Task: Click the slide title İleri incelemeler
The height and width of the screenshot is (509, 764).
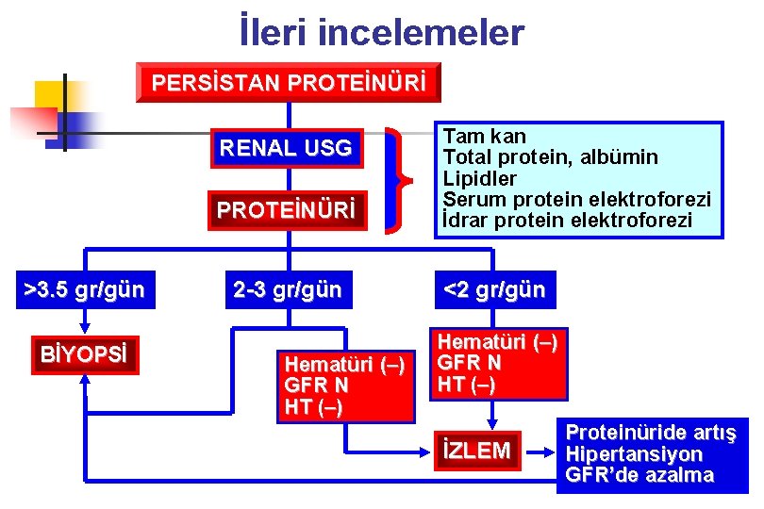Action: click(381, 33)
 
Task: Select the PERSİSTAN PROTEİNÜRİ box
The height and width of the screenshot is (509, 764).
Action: click(289, 83)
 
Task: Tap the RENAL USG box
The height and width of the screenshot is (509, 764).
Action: click(286, 148)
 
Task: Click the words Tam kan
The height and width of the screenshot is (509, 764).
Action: click(485, 137)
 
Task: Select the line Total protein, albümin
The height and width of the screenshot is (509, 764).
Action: click(551, 157)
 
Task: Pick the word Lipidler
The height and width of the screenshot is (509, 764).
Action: click(480, 178)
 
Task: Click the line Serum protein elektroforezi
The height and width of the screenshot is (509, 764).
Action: click(576, 199)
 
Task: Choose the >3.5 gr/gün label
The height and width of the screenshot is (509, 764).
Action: click(84, 289)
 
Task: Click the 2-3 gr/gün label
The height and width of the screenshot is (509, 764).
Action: click(288, 289)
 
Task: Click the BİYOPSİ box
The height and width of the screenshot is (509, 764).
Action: click(84, 355)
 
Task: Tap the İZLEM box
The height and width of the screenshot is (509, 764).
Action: click(477, 451)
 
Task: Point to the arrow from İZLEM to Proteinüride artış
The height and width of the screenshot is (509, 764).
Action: click(540, 451)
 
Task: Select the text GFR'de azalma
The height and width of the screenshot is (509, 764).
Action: click(639, 474)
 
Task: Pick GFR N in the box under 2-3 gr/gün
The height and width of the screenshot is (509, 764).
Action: click(316, 386)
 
